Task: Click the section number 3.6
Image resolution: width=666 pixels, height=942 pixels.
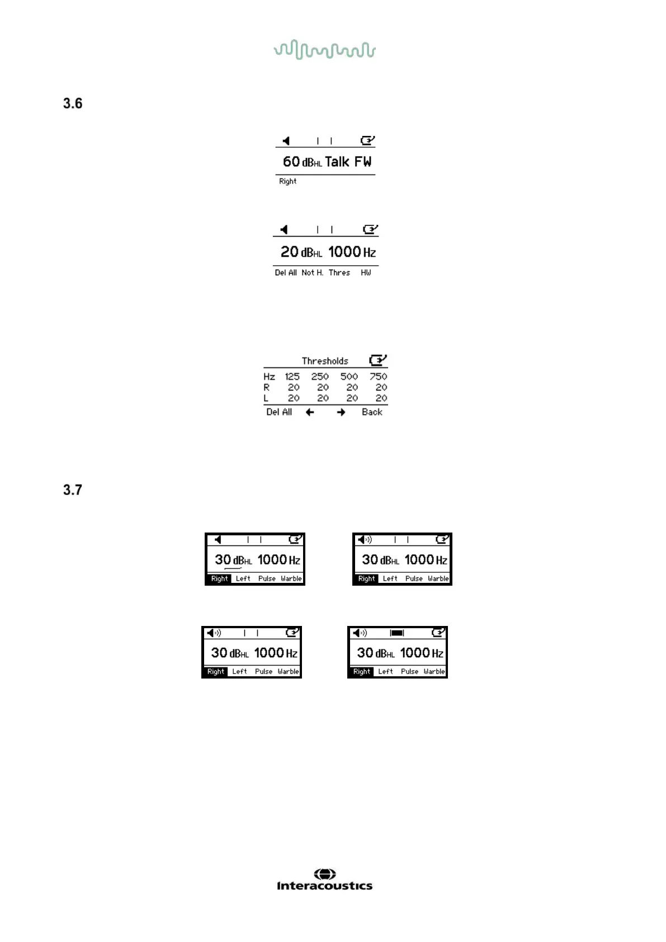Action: click(x=73, y=103)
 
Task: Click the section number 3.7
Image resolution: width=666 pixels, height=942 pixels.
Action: click(x=73, y=490)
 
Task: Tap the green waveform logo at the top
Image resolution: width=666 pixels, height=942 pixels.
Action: click(x=324, y=50)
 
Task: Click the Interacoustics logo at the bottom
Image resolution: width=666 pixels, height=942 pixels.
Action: click(x=324, y=880)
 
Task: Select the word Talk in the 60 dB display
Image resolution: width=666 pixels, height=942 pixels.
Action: click(x=337, y=162)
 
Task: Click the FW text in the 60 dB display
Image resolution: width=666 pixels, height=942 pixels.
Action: click(x=362, y=162)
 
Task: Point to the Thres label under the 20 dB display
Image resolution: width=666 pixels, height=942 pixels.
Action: click(x=339, y=272)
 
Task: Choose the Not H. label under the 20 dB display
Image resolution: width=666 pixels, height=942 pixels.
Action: click(x=312, y=272)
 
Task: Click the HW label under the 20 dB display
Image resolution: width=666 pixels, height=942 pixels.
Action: click(x=366, y=272)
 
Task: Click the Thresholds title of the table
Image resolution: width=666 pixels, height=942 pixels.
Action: click(x=325, y=361)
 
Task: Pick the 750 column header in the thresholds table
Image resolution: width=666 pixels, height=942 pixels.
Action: click(x=378, y=376)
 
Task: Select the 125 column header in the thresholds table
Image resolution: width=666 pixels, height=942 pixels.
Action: click(x=292, y=376)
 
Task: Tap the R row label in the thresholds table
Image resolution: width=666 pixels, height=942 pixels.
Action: click(x=267, y=387)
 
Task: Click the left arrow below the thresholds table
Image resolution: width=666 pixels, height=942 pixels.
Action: click(x=310, y=412)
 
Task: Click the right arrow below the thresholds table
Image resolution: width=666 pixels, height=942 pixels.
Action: click(x=341, y=412)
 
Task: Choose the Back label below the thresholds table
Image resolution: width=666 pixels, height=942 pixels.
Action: click(x=372, y=412)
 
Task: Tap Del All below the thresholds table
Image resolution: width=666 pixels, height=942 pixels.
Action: click(x=279, y=412)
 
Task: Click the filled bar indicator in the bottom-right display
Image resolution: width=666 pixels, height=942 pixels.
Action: click(x=397, y=633)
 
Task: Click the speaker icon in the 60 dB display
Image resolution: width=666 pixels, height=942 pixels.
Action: click(x=286, y=141)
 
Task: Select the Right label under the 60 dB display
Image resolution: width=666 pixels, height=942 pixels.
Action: click(x=287, y=181)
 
